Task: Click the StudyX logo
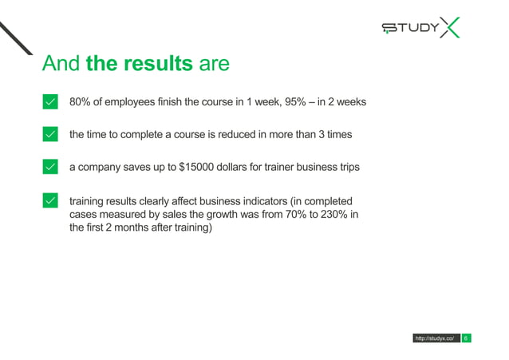pyautogui.click(x=420, y=29)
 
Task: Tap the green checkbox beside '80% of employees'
pyautogui.click(x=49, y=102)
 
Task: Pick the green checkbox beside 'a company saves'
pyautogui.click(x=49, y=167)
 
